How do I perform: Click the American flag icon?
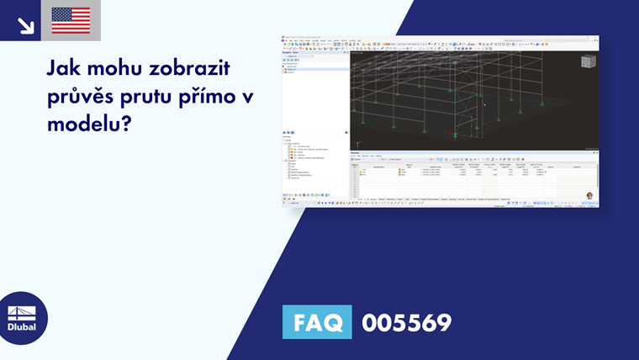tap(71, 20)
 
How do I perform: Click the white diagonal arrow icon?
tap(25, 24)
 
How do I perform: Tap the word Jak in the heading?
tap(65, 67)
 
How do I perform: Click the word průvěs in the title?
tap(81, 97)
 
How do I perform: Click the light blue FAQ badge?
tap(317, 322)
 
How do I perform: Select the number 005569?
tap(406, 322)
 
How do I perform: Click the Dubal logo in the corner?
tap(22, 318)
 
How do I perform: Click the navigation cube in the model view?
tap(589, 61)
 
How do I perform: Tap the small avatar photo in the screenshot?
tap(589, 196)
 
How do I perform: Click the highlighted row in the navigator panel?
tap(315, 68)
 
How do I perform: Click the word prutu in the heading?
tap(150, 97)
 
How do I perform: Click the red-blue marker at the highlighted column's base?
tap(456, 135)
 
